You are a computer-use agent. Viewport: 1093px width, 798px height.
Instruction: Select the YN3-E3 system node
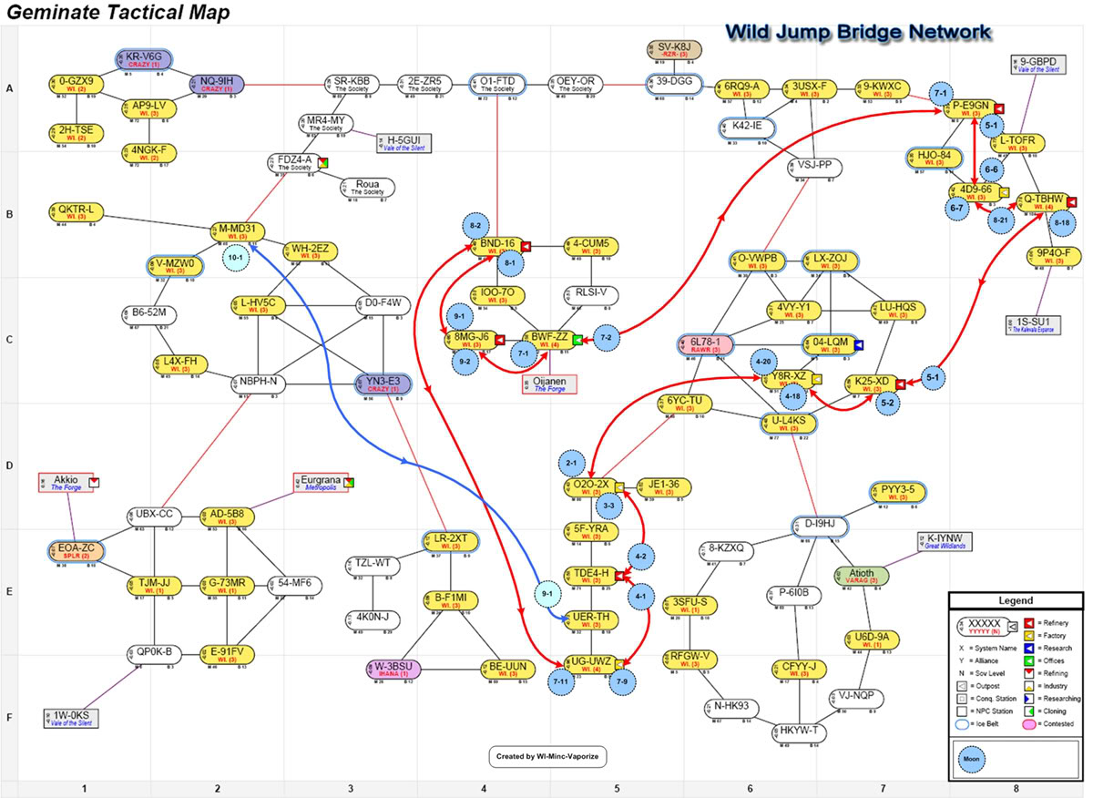coord(383,384)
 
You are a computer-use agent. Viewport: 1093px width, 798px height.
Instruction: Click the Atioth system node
coord(861,577)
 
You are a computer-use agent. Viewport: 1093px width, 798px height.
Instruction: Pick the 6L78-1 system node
coord(707,345)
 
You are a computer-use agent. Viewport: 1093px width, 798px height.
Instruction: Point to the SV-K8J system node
coord(674,49)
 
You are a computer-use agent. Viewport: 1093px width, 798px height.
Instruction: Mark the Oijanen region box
coord(549,383)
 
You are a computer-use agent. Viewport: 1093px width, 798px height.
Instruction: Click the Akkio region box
coord(66,483)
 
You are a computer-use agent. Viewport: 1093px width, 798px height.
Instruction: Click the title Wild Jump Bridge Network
coord(857,32)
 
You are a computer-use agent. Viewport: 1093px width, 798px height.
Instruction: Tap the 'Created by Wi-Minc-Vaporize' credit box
coord(549,756)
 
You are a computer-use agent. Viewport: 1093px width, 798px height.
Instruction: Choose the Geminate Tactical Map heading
coord(118,13)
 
